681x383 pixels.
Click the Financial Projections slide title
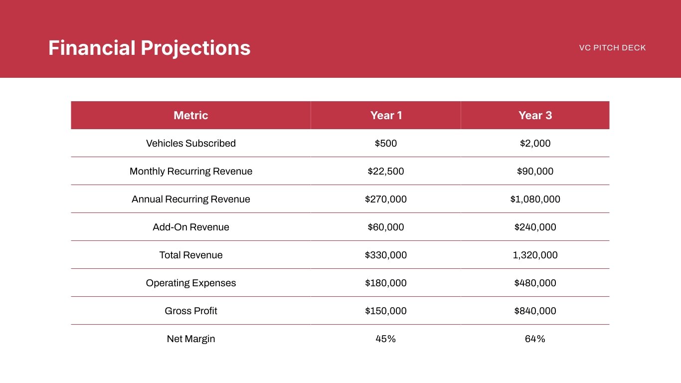click(149, 48)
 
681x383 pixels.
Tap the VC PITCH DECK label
click(612, 48)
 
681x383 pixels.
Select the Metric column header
click(190, 115)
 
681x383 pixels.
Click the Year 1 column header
click(386, 115)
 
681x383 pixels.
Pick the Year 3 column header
click(535, 115)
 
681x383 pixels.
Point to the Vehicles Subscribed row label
click(190, 143)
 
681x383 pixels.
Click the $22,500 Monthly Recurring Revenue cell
click(386, 171)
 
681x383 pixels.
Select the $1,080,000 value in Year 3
click(535, 199)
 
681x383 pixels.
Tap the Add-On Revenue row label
click(190, 227)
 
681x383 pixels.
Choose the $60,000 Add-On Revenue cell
click(386, 227)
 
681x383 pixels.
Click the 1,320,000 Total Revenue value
click(535, 255)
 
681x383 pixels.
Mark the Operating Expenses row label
click(190, 283)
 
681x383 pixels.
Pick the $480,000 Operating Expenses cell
click(535, 283)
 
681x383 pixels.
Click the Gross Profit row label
click(190, 311)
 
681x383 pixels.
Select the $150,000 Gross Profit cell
click(386, 311)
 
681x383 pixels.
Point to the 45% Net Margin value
click(386, 339)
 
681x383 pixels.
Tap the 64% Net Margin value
click(535, 339)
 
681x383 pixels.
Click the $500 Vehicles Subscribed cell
click(386, 143)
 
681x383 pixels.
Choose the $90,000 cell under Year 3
click(535, 171)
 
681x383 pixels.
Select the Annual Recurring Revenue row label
click(190, 199)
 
